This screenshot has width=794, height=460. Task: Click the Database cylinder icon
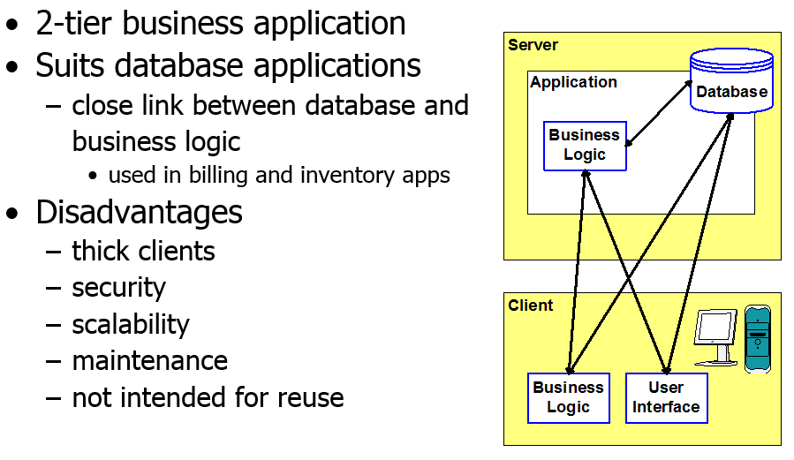731,80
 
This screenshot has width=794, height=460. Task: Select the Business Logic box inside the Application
585,146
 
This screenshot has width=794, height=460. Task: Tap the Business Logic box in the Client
569,398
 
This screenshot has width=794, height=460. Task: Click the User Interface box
667,398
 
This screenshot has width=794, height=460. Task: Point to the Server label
533,45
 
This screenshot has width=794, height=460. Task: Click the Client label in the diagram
531,305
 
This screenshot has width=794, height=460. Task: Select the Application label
574,82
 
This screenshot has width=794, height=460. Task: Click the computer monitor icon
716,337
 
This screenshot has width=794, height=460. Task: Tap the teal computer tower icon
758,338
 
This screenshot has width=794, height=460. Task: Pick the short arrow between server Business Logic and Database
659,113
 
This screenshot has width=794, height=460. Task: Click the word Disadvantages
140,212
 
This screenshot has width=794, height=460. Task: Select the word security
119,288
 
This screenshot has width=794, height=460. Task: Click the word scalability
131,324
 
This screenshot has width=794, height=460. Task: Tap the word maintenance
150,361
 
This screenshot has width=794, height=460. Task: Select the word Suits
70,66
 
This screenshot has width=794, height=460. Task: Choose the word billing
219,176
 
